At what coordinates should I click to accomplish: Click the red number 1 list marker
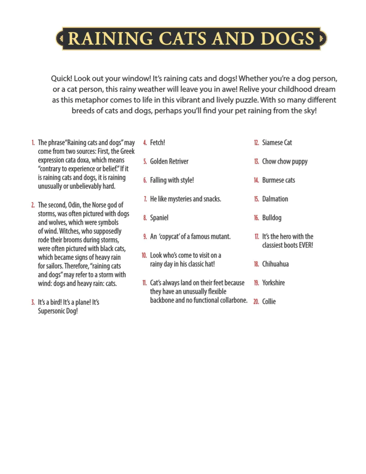[33, 143]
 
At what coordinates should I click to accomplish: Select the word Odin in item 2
[74, 205]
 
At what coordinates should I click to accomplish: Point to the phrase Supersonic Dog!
[58, 311]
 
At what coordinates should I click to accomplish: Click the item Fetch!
[157, 142]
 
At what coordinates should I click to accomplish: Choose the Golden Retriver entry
[169, 161]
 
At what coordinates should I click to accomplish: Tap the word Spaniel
[159, 218]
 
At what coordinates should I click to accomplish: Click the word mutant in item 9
[220, 237]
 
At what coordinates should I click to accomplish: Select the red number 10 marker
[144, 256]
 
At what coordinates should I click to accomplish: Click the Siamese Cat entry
[277, 142]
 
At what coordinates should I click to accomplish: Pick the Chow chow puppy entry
[285, 161]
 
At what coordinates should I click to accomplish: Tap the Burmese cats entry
[278, 180]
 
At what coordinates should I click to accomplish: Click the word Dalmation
[275, 199]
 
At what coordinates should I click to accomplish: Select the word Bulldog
[272, 218]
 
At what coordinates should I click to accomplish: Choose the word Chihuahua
[275, 264]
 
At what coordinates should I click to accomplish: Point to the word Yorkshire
[273, 283]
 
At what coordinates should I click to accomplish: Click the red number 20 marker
[256, 302]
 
